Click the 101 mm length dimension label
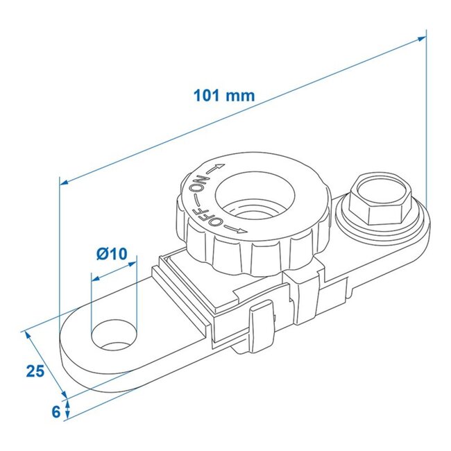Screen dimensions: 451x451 pyautogui.click(x=225, y=95)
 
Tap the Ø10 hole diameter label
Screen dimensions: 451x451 pyautogui.click(x=112, y=254)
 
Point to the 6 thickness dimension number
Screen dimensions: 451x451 pyautogui.click(x=56, y=410)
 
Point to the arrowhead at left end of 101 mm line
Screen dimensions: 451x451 pyautogui.click(x=64, y=182)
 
